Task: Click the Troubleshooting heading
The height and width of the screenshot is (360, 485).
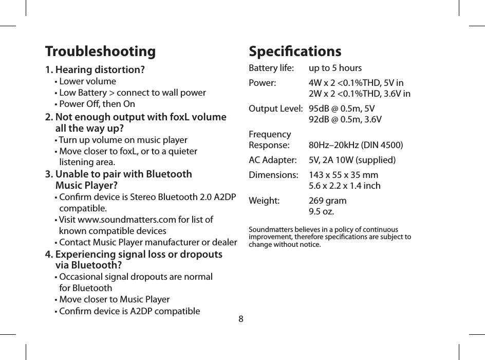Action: coord(100,52)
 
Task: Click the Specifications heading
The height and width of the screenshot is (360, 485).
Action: coord(294,52)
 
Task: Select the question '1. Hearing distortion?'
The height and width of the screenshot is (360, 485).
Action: coord(95,69)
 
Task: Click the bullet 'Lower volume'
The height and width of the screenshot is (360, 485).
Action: coord(87,81)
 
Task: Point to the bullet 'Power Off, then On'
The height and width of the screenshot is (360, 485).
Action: coord(97,104)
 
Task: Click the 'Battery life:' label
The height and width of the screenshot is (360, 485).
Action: coord(271,68)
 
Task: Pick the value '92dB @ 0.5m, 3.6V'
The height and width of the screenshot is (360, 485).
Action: coord(345,120)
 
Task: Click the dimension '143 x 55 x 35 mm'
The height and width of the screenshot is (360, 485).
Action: coord(343,174)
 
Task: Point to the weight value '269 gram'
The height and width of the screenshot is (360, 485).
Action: coord(327,200)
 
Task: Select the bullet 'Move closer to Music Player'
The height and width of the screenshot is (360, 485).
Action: coord(114,299)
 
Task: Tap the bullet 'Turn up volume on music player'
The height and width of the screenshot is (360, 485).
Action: coord(123,140)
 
